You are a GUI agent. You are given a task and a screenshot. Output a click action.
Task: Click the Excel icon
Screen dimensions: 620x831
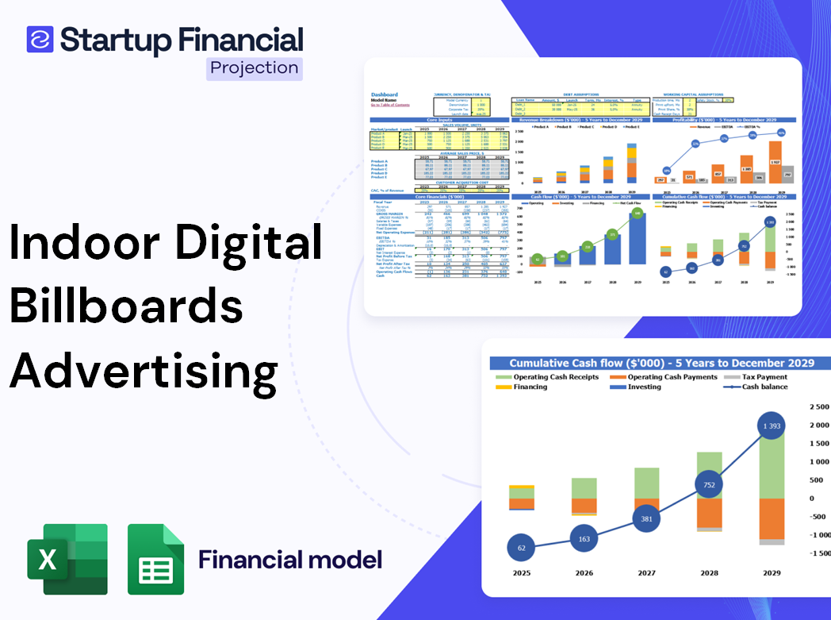(x=67, y=559)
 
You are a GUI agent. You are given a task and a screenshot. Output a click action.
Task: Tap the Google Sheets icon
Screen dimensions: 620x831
(x=155, y=559)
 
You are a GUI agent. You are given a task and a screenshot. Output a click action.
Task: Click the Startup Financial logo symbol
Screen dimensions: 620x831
(x=40, y=39)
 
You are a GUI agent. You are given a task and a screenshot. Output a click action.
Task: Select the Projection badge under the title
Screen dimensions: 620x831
(x=254, y=67)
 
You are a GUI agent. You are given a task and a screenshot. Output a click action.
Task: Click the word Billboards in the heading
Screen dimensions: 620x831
(x=126, y=306)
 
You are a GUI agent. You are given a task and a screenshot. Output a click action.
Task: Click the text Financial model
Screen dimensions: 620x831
(x=289, y=560)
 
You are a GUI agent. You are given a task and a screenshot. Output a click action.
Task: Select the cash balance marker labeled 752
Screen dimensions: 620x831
(x=708, y=485)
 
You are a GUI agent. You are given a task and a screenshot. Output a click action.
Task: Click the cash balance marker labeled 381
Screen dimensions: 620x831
(x=647, y=518)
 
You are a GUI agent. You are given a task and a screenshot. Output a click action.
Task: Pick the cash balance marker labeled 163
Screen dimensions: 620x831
(x=584, y=539)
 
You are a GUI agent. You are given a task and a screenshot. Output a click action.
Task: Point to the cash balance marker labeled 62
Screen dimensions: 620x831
(x=521, y=548)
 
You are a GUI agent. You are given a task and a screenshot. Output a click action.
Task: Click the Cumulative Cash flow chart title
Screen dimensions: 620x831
(x=661, y=363)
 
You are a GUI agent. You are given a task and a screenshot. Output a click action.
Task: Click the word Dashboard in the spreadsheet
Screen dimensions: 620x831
(x=384, y=94)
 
